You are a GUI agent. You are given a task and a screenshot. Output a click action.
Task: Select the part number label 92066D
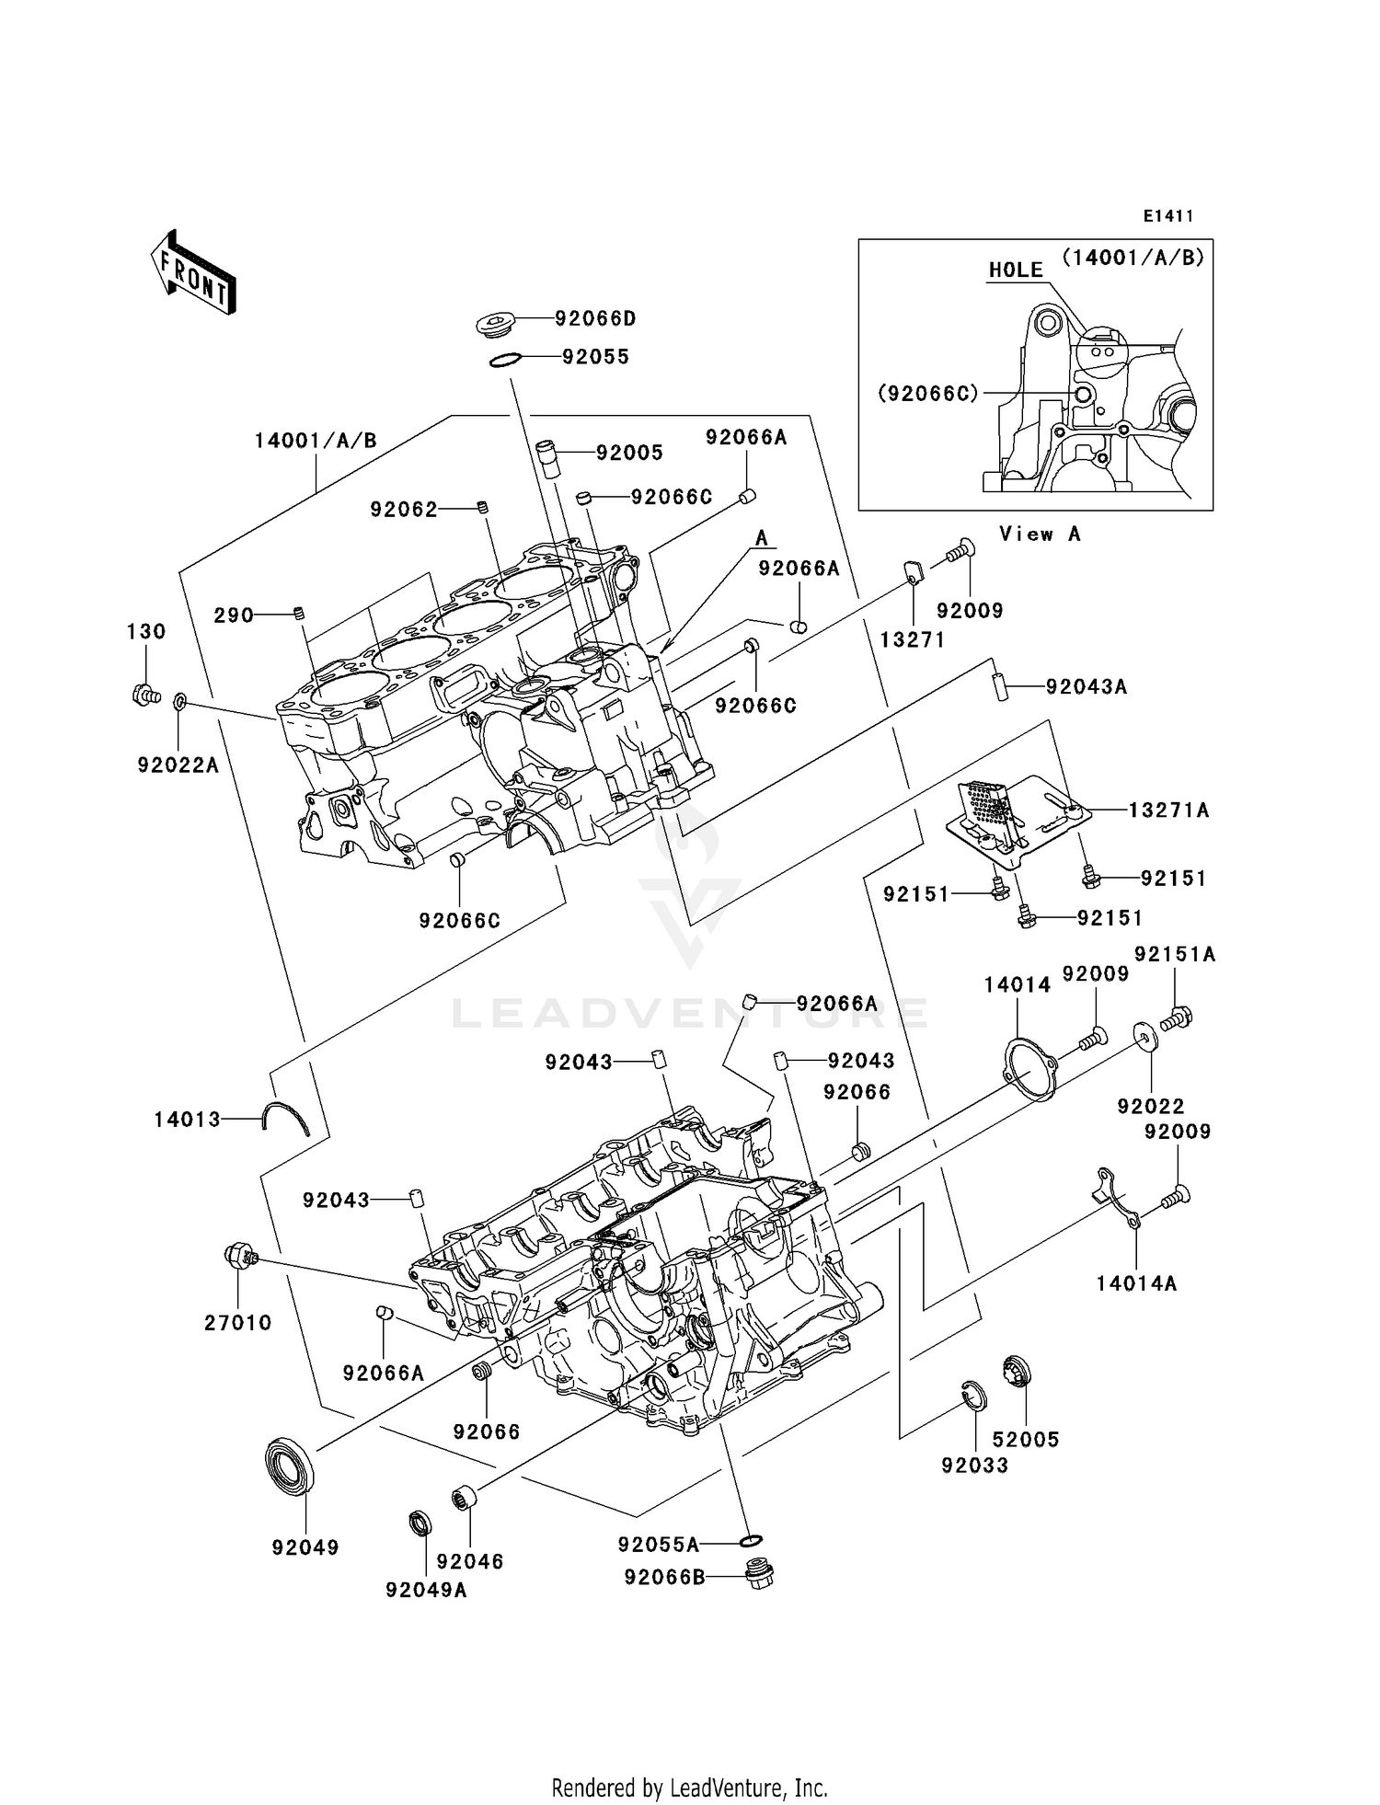click(595, 319)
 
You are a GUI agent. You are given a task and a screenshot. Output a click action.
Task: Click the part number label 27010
click(238, 1323)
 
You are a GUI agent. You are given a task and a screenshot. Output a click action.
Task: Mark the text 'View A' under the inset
click(1040, 535)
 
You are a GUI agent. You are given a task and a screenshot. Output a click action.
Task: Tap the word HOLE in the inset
click(1016, 270)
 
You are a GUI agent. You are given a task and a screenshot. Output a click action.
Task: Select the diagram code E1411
click(1167, 216)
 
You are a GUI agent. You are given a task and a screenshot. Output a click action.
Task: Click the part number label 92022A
click(178, 765)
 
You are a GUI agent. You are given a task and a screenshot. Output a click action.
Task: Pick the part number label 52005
click(1026, 1440)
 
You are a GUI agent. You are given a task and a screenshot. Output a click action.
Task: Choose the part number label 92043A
click(1086, 687)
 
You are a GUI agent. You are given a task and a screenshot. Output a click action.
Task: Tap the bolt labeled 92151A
click(1177, 1018)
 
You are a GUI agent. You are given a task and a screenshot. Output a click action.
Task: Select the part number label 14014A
click(1136, 1283)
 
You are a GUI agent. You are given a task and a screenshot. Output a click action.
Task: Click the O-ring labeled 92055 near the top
click(505, 360)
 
